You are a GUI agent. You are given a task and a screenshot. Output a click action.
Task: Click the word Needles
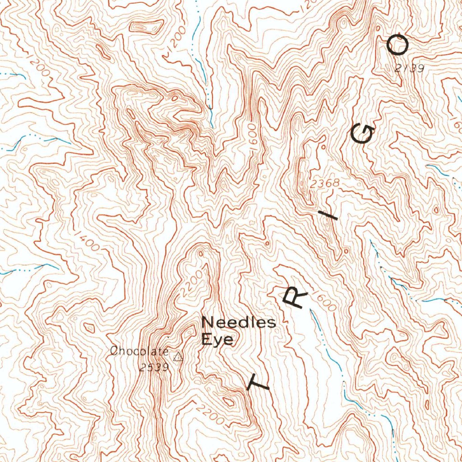pos(238,323)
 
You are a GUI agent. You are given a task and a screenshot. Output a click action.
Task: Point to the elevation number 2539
pos(154,367)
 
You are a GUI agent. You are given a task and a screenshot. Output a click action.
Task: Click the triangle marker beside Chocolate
pos(179,357)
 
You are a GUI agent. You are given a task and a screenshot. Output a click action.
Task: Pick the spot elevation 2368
pos(325,184)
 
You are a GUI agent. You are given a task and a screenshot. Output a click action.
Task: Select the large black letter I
pos(332,217)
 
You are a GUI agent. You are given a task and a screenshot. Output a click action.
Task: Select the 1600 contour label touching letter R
pos(326,303)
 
